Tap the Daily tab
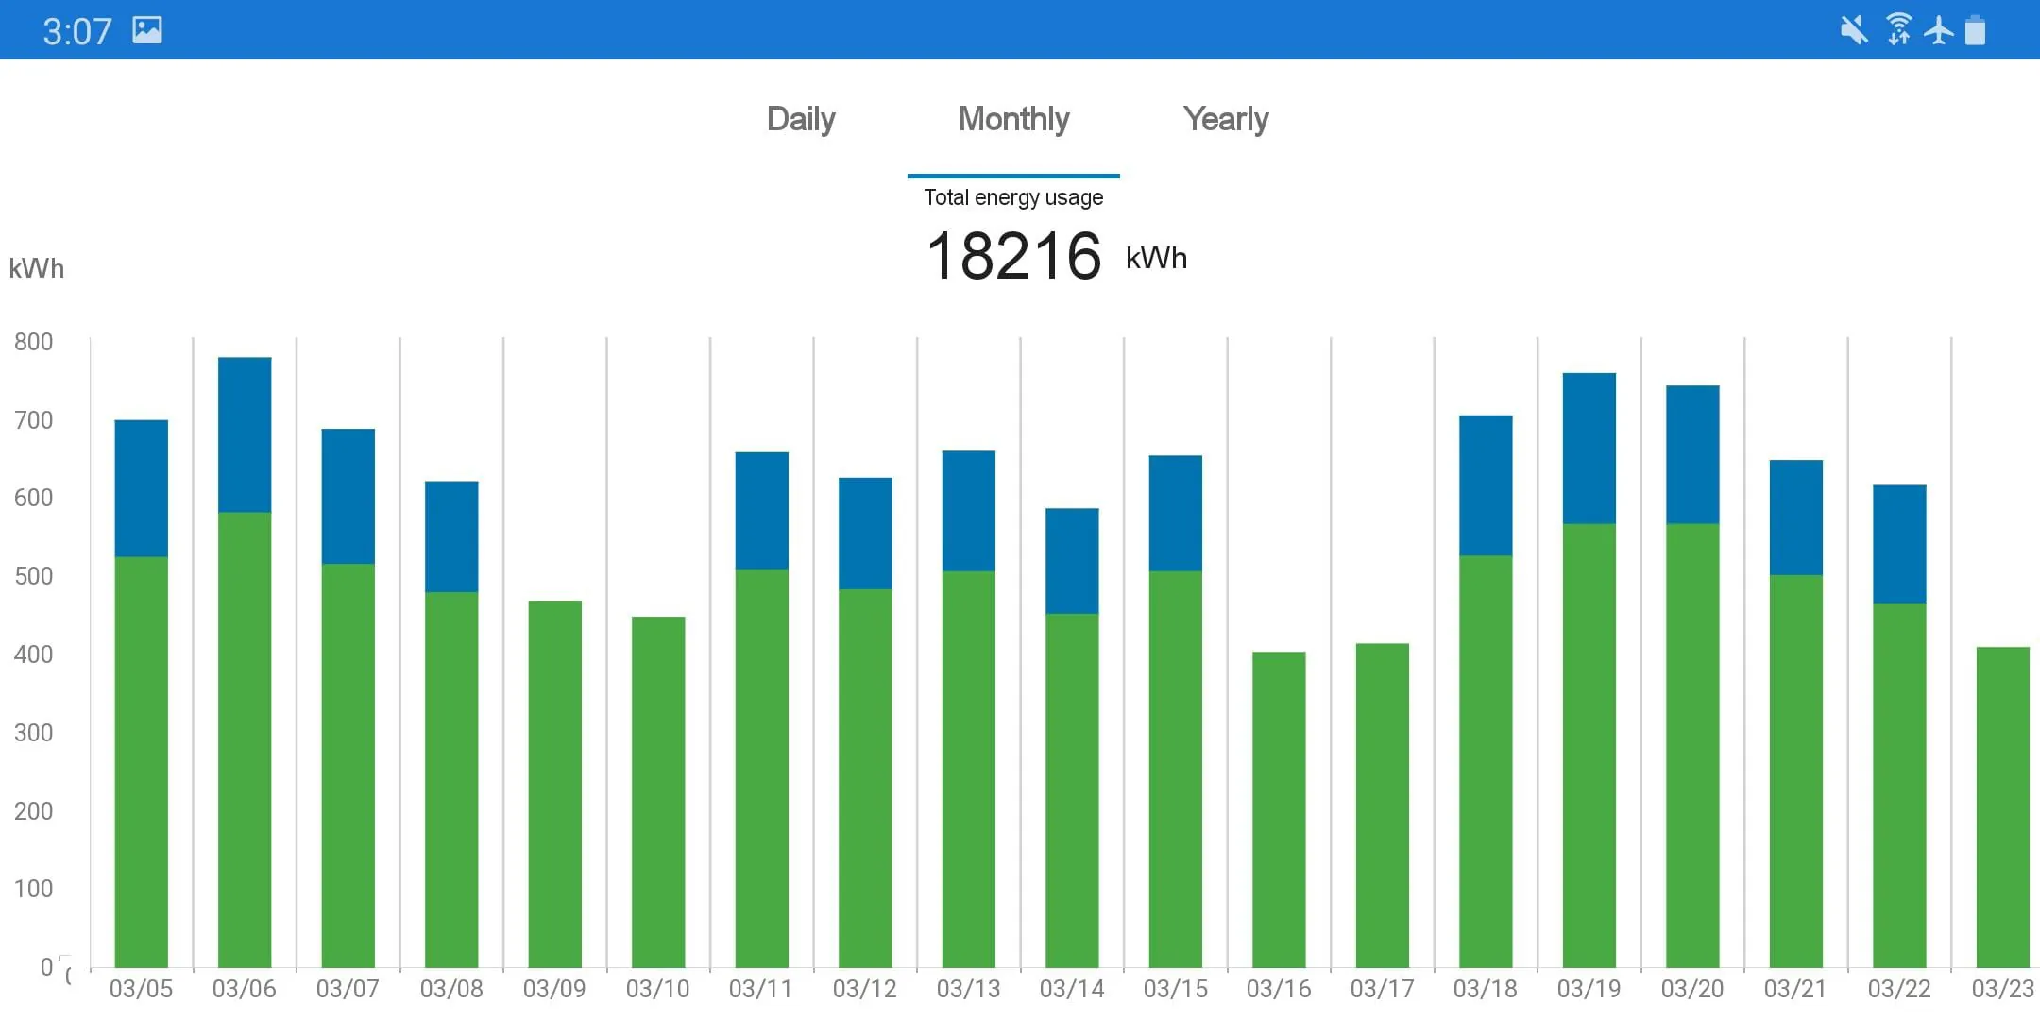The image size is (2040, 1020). coord(801,120)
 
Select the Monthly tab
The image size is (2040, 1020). coord(1013,120)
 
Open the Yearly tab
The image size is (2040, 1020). coord(1226,120)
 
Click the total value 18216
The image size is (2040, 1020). coord(1013,256)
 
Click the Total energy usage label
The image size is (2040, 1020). coord(1013,197)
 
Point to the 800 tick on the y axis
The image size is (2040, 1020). coord(34,342)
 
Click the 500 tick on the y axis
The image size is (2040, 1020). coord(34,576)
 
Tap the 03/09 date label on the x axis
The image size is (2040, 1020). coord(554,989)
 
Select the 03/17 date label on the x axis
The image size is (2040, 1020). coord(1382,989)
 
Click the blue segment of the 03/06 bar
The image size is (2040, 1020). coord(245,434)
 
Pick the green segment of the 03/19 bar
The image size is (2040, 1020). coord(1589,746)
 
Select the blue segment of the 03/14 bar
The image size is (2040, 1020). coord(1072,561)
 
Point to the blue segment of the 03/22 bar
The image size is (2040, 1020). coord(1899,544)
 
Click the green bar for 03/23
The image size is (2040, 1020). coord(2002,807)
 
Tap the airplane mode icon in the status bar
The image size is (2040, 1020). coord(1939,30)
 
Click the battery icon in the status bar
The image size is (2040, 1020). coord(1975,30)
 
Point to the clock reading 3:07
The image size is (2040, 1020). coord(77,31)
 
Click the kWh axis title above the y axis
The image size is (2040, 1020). coord(37,268)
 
